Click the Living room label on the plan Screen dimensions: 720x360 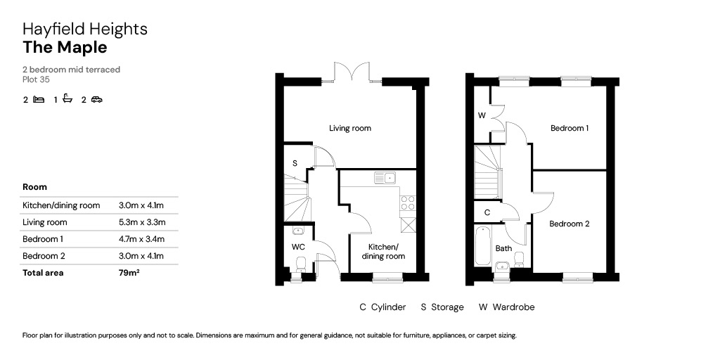[350, 128]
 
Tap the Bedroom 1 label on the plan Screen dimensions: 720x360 [570, 128]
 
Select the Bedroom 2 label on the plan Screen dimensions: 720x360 [570, 224]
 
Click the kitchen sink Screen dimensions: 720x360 [385, 178]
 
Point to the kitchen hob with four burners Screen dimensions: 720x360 [408, 202]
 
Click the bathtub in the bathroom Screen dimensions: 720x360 [482, 245]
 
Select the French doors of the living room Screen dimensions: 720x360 [352, 72]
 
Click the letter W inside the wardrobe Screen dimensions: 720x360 [482, 116]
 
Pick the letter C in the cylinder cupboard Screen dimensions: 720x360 [487, 212]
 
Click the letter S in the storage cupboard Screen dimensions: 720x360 [295, 163]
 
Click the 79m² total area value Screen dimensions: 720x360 [129, 273]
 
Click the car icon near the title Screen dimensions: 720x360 [96, 99]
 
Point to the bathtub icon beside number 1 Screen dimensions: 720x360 [68, 98]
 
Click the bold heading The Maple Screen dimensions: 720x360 [65, 47]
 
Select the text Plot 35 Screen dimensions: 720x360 [36, 79]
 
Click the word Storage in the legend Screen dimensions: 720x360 [448, 307]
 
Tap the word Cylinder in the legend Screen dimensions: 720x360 [388, 307]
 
